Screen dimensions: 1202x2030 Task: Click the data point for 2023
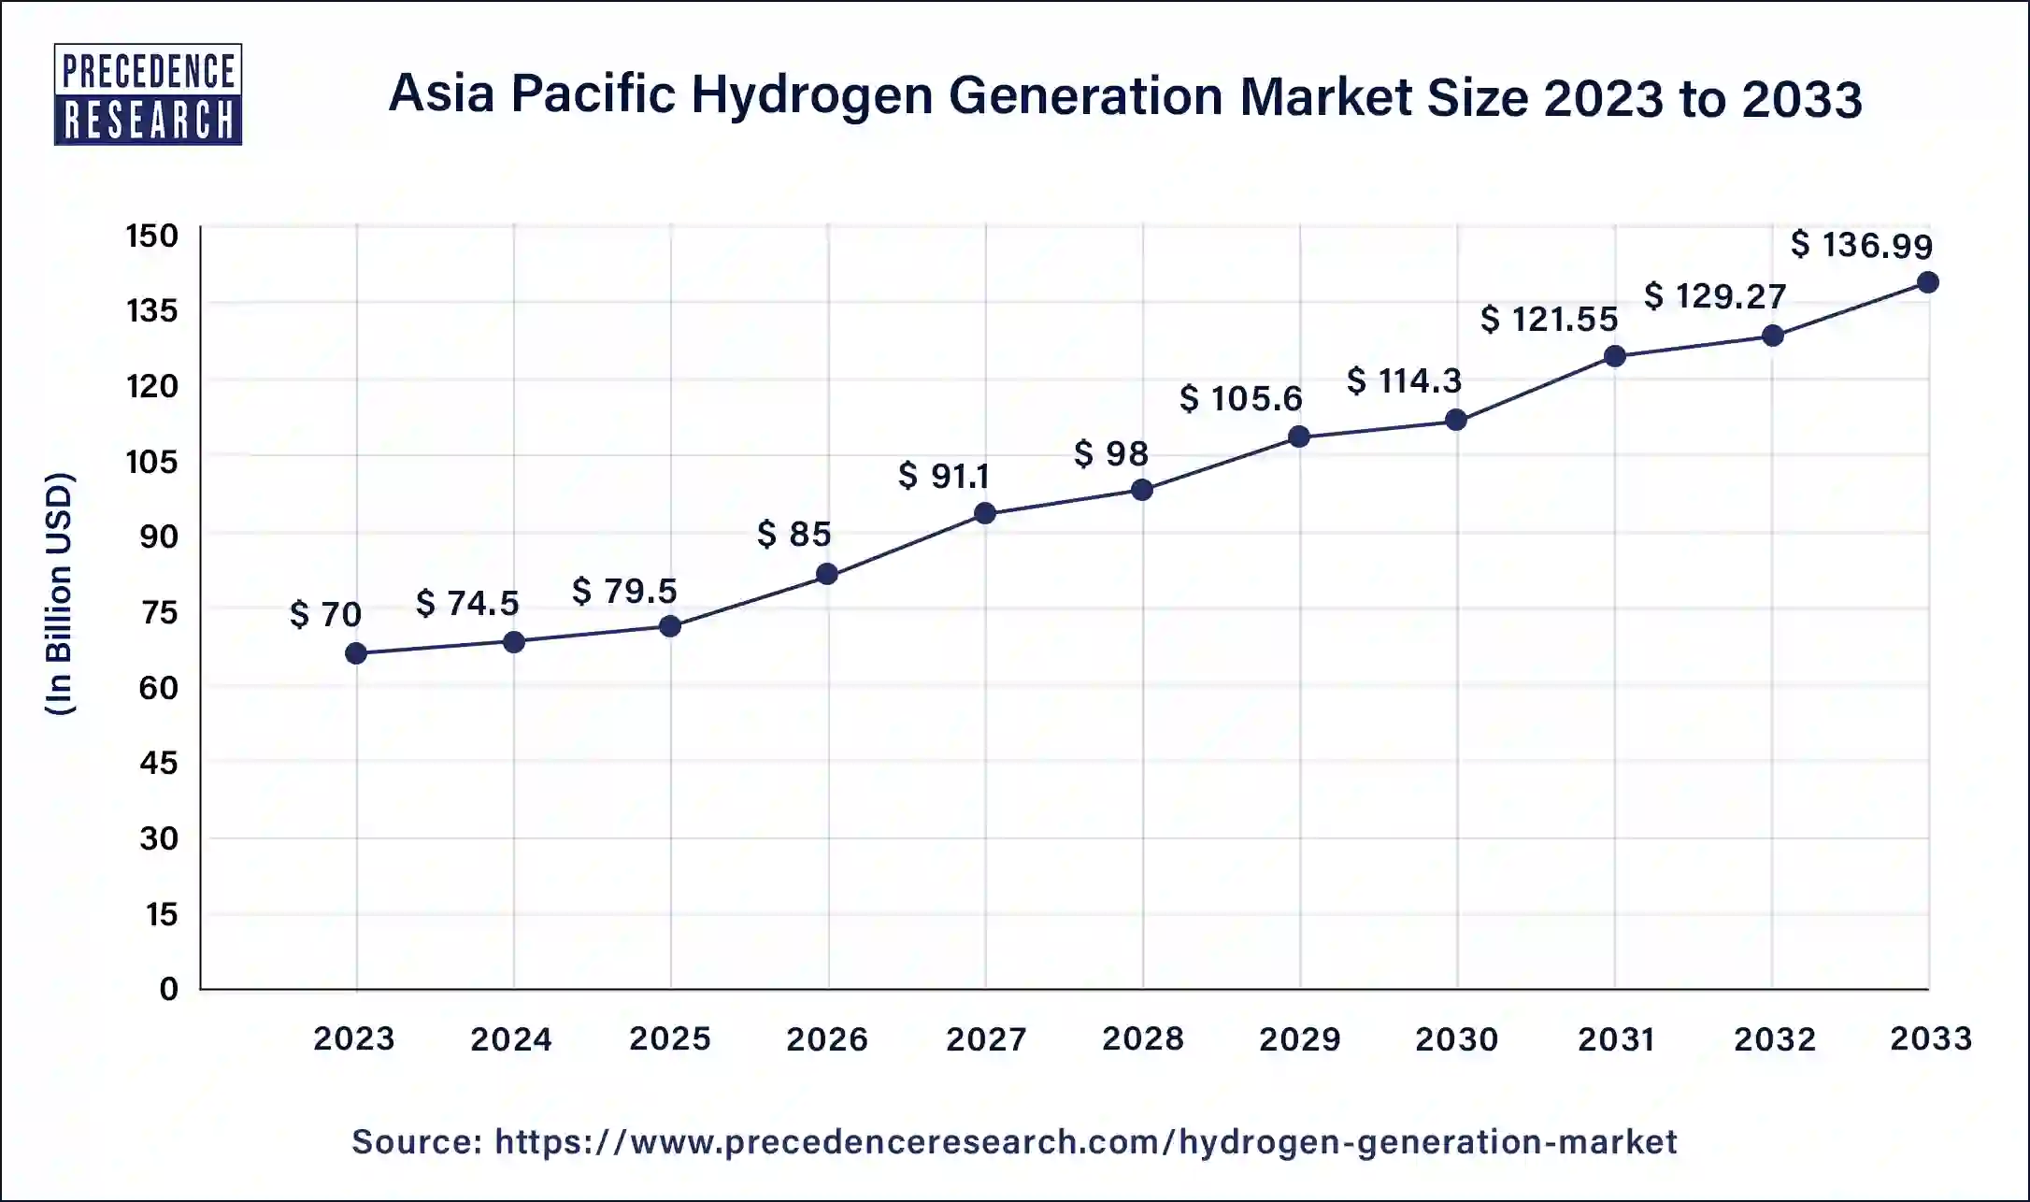356,653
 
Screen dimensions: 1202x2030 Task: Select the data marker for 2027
984,513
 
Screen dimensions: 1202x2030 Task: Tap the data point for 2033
1927,282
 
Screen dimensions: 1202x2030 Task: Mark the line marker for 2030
1455,420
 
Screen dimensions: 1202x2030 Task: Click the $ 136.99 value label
1861,245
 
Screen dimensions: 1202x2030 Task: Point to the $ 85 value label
793,534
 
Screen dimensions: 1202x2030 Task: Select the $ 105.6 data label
1240,399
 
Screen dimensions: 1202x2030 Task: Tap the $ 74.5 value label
466,603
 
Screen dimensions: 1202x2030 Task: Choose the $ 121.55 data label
1548,320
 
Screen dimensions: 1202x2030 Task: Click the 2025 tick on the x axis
670,1038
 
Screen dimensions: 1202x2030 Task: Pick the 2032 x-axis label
1774,1038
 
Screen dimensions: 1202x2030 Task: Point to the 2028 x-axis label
1142,1038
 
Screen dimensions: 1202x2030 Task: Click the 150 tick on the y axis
152,236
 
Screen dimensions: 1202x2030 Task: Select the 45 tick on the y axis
158,763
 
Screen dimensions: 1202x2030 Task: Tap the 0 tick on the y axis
168,989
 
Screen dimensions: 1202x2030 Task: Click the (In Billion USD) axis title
60,594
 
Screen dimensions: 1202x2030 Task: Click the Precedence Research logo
149,94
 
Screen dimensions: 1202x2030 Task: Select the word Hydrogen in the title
812,97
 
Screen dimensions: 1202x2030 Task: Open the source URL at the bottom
1085,1141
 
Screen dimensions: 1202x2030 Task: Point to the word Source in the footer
416,1141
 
